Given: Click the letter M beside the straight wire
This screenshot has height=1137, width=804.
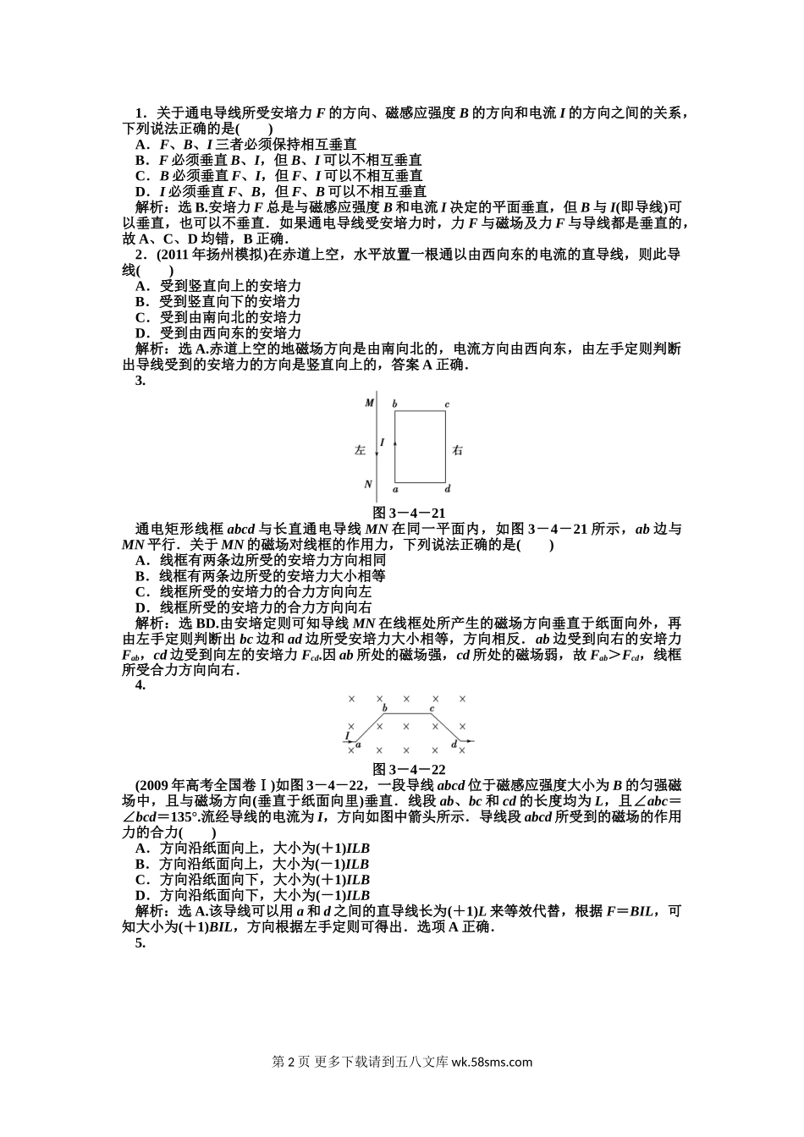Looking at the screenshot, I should [369, 403].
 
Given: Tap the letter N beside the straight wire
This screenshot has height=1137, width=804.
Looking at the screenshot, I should [368, 484].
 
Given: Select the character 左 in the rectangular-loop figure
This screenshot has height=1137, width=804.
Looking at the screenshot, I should [360, 450].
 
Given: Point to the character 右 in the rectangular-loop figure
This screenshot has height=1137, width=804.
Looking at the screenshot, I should [457, 450].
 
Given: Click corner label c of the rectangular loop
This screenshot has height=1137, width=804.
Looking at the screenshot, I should [446, 404].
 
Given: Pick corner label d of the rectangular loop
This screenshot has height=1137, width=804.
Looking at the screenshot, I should [448, 489].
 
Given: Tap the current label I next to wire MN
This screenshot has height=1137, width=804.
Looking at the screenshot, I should [383, 442].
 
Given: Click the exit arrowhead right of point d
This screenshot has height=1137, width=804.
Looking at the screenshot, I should [470, 741].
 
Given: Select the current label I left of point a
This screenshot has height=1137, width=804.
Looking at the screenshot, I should [347, 734].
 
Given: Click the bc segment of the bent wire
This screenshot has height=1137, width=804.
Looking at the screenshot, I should [408, 714].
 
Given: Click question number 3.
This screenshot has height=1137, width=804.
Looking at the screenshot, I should [140, 381].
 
